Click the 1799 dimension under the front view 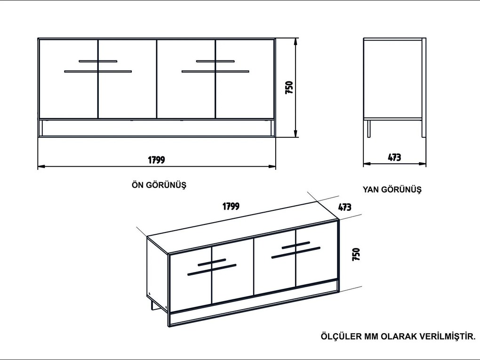click(x=156, y=160)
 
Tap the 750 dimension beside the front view click(x=289, y=87)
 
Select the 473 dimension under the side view click(x=394, y=157)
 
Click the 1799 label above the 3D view click(x=231, y=206)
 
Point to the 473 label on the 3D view click(x=344, y=207)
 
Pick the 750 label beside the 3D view click(x=356, y=255)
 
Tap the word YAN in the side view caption click(x=370, y=189)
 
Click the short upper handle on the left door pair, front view click(x=98, y=61)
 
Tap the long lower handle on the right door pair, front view click(x=215, y=72)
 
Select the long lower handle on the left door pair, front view click(x=98, y=72)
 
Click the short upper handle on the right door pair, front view click(x=215, y=61)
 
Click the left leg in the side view click(x=369, y=128)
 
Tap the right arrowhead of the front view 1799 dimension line click(x=272, y=167)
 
